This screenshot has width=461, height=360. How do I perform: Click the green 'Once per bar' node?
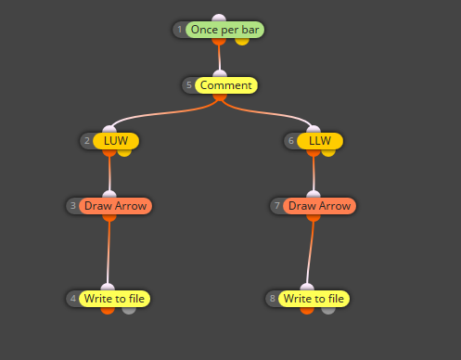pos(224,30)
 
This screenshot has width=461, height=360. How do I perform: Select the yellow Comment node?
pos(226,85)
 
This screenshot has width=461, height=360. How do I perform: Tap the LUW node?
pos(116,141)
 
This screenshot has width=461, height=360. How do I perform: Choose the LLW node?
pos(320,141)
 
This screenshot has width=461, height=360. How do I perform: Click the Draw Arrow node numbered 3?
pos(116,206)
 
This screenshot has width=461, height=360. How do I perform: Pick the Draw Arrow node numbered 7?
pos(320,206)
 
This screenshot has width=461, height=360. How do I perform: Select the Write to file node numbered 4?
pos(115,299)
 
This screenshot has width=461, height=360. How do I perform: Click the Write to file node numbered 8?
pos(314,299)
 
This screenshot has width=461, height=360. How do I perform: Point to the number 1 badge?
pos(180,30)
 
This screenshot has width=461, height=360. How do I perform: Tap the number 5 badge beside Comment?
pos(189,85)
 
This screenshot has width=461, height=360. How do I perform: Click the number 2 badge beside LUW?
pos(87,141)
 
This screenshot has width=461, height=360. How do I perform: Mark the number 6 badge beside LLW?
pos(291,141)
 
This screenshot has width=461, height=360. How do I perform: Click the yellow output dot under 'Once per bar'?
pos(242,41)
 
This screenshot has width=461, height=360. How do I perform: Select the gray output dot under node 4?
pos(129,310)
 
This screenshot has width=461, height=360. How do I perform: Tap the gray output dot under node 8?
pos(328,310)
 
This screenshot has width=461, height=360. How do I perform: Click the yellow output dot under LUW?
pos(124,152)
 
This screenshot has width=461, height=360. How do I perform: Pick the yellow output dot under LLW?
pos(328,152)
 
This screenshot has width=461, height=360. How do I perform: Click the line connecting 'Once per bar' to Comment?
pos(219,58)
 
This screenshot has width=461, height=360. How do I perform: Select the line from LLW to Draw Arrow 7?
pos(314,174)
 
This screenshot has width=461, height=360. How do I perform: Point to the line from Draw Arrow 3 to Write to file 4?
pos(109,252)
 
